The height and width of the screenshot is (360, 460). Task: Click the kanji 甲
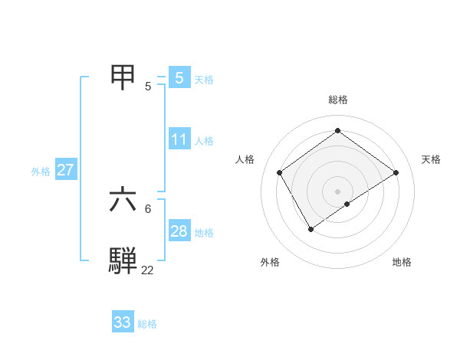click(x=124, y=77)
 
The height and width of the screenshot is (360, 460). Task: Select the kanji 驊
click(x=124, y=260)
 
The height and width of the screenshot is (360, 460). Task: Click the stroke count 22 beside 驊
click(x=147, y=270)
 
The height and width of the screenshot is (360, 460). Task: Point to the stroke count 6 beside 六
click(x=148, y=208)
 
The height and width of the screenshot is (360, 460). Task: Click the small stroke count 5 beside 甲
click(x=148, y=87)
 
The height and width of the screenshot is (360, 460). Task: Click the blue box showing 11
click(x=179, y=139)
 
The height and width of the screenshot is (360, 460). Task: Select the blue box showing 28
click(x=179, y=231)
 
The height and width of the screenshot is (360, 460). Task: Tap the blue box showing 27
click(x=65, y=170)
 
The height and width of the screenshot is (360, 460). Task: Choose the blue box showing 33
click(x=123, y=322)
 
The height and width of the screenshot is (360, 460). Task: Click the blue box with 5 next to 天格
click(x=179, y=77)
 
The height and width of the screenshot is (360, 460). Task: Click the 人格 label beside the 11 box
click(x=204, y=141)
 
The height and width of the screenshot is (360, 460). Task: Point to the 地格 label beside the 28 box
click(x=204, y=233)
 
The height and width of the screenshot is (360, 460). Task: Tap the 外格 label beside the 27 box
click(x=41, y=172)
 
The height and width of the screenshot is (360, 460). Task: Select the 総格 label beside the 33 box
click(x=147, y=324)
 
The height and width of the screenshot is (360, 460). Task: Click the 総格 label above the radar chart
click(x=337, y=100)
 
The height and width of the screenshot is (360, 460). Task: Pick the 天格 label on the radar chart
click(x=431, y=159)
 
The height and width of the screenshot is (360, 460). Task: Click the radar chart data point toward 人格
click(x=280, y=173)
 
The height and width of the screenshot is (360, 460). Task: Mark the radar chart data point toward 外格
click(x=311, y=228)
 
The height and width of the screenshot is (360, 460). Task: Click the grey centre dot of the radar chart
click(x=337, y=191)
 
